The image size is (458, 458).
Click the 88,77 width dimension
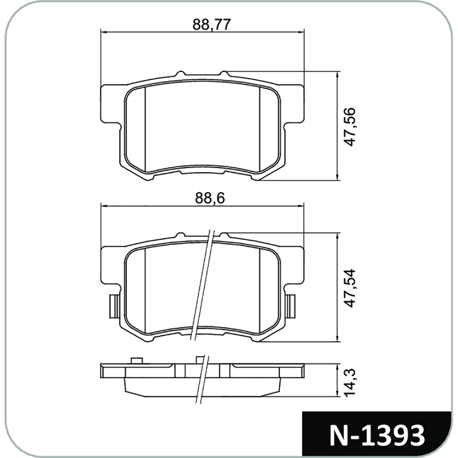[x=212, y=25]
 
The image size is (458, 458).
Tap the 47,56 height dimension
[x=349, y=127]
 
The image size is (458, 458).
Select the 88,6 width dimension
[x=210, y=199]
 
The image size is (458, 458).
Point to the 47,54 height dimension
[x=349, y=288]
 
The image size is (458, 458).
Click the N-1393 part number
[x=377, y=436]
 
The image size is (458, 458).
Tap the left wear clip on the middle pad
[x=114, y=306]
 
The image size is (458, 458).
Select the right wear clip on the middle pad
[x=290, y=306]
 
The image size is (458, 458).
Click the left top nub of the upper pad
[x=181, y=73]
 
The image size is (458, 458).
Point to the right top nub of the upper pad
[x=224, y=73]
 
